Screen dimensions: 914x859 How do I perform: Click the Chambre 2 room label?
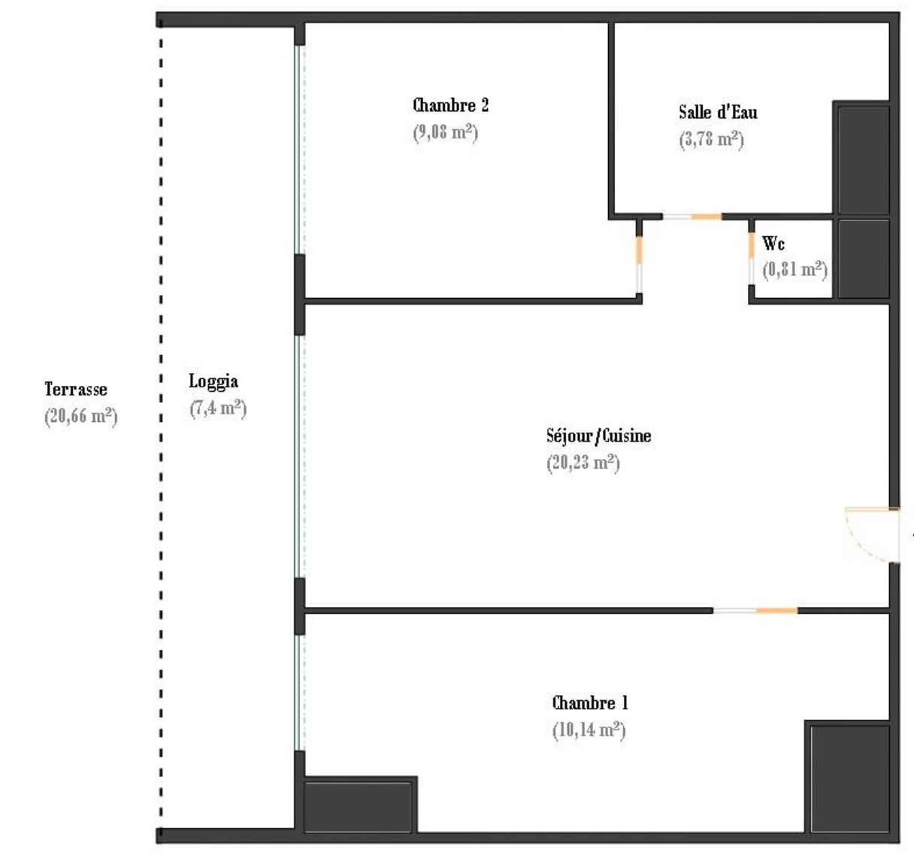(450, 105)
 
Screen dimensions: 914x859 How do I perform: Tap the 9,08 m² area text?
(446, 132)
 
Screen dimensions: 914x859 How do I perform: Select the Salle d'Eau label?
(718, 112)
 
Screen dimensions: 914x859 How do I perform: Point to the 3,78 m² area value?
(712, 139)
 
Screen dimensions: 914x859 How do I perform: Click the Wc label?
(773, 244)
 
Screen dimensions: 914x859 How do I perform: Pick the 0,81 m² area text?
(794, 269)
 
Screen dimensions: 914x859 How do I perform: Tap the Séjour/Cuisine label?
(599, 436)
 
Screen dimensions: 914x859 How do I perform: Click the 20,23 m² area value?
(583, 463)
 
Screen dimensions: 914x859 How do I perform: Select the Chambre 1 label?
(590, 703)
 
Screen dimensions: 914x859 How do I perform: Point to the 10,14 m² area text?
(589, 730)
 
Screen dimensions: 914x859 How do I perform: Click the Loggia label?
(213, 382)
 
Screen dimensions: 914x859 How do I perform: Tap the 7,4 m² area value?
(218, 408)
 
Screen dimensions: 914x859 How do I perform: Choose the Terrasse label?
(76, 389)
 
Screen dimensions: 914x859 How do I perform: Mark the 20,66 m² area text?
(81, 417)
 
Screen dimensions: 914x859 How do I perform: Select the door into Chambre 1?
(755, 611)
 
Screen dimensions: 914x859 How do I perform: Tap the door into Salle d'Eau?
(692, 217)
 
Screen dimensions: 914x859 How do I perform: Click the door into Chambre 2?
(639, 264)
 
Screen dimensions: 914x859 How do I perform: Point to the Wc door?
(752, 259)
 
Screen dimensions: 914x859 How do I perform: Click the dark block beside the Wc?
(864, 259)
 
